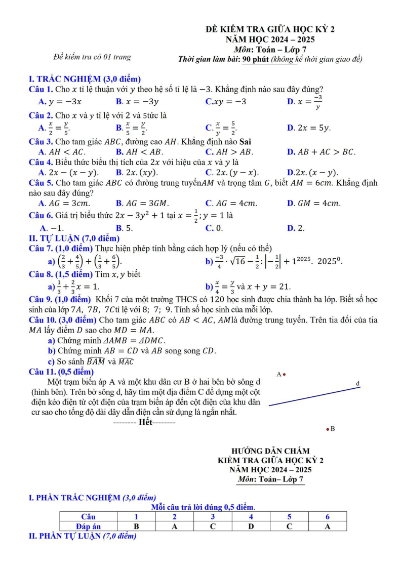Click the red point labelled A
coord(285,375)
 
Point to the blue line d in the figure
coord(314,396)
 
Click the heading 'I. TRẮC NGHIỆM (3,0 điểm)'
coord(85,79)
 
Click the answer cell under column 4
coord(251,526)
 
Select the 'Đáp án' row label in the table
coord(88,526)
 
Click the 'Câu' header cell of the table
coord(88,517)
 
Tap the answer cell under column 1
coord(136,526)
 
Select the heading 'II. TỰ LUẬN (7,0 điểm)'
coord(74,238)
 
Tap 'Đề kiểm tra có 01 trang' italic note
coord(92,57)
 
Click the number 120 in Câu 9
coord(225,299)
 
